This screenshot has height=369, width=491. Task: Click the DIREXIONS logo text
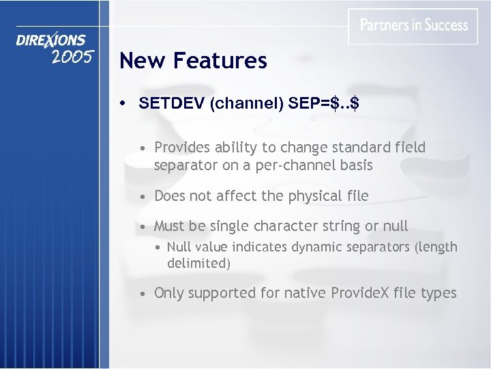tap(51, 40)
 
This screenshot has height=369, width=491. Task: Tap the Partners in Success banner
tap(413, 26)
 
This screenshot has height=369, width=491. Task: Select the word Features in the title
tap(220, 61)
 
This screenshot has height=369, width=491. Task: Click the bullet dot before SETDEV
tap(122, 104)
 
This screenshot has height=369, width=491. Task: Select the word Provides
tap(183, 148)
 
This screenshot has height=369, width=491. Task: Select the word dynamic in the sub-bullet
tap(319, 247)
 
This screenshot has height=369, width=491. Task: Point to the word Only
tap(169, 293)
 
